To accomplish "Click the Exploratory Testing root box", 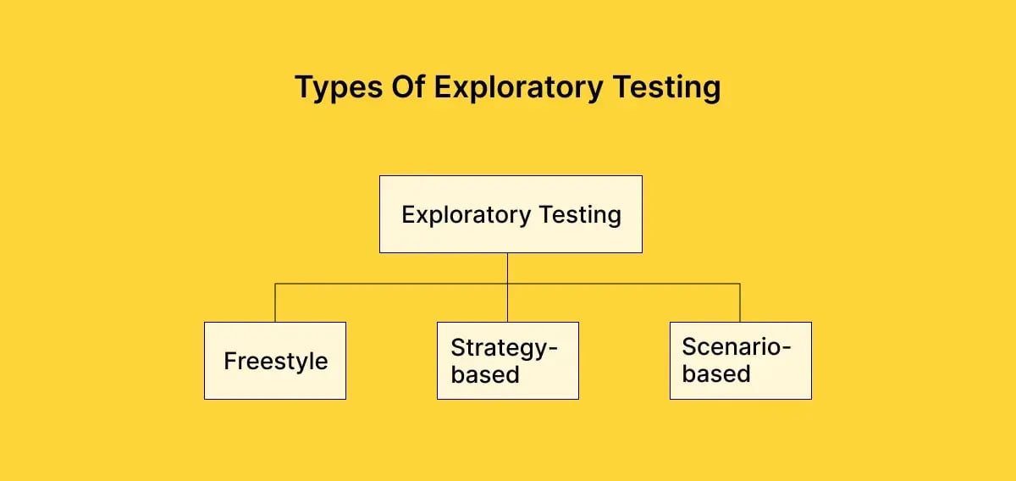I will (511, 214).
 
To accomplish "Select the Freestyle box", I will (275, 361).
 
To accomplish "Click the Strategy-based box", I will (508, 361).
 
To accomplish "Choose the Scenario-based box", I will (740, 361).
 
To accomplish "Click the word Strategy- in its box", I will (505, 348).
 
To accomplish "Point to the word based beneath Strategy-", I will (485, 374).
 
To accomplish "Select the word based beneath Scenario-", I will (716, 373).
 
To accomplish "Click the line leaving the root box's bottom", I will (508, 268).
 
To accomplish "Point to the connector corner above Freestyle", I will (275, 285).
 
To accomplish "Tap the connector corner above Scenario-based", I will (740, 285).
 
